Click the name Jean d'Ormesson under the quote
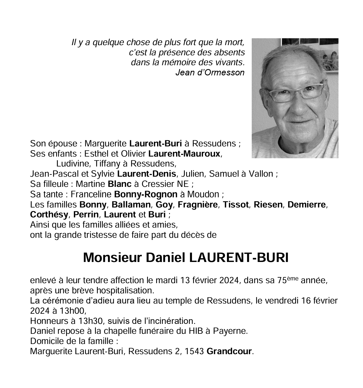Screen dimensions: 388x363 point(210,72)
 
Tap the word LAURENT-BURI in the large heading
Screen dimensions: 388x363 point(239,258)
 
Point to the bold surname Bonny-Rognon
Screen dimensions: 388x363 point(145,195)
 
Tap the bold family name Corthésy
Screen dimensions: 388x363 point(49,215)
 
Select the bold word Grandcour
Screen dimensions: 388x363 point(229,351)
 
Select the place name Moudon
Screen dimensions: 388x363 point(203,195)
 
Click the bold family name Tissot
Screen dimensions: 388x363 point(235,205)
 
